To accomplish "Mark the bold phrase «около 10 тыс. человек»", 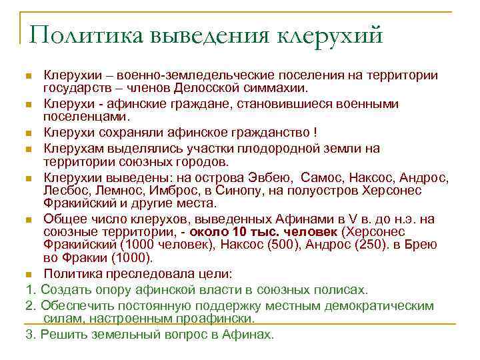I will [263, 233].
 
